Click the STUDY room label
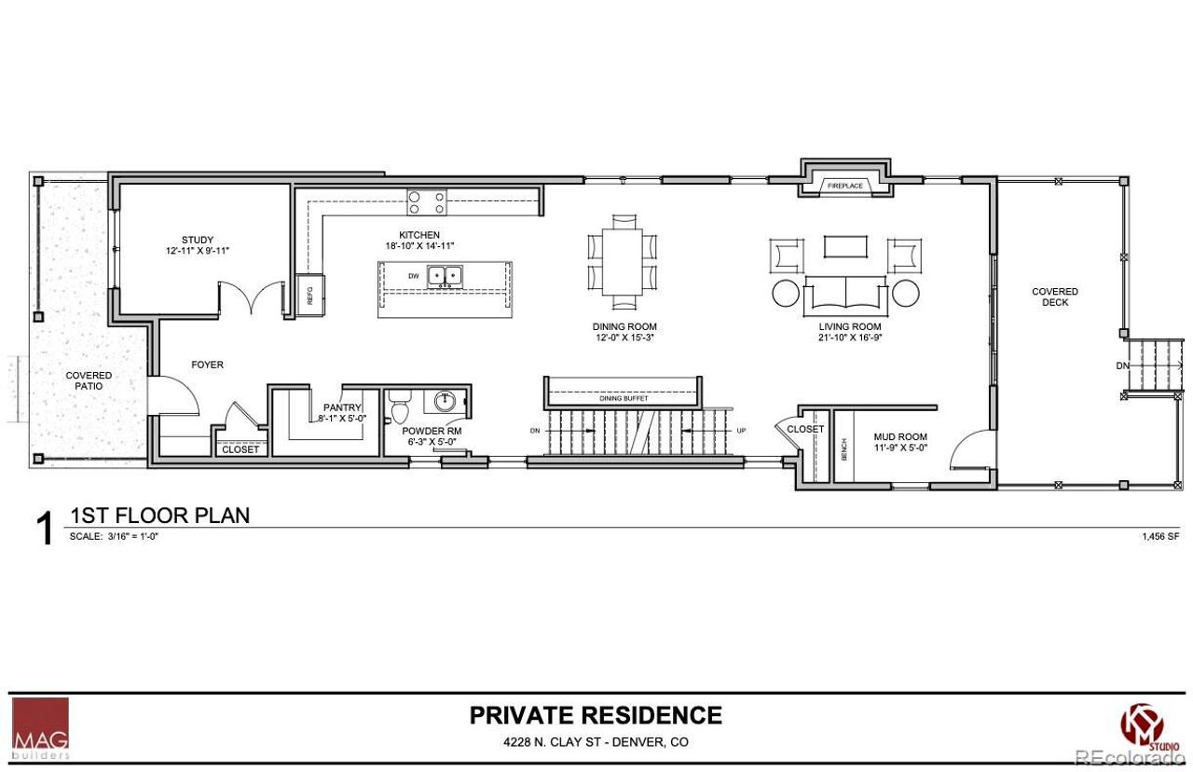(x=197, y=239)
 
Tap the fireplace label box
(x=845, y=186)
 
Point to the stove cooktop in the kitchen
(x=427, y=201)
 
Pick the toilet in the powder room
(x=401, y=407)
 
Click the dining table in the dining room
(x=622, y=261)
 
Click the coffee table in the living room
(x=846, y=246)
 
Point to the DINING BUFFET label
(x=624, y=398)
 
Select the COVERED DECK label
(x=1055, y=297)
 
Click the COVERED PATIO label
(x=89, y=380)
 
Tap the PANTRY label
(x=342, y=407)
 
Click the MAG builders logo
(x=40, y=728)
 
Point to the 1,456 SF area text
(x=1159, y=537)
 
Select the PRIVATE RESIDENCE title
(x=596, y=715)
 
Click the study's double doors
(x=252, y=300)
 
